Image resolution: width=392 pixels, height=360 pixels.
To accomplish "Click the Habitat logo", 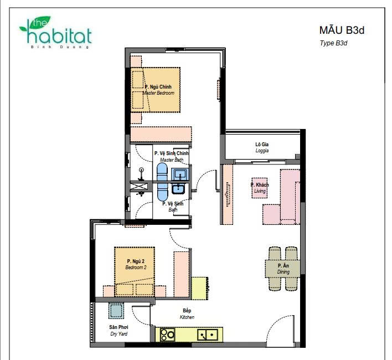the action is [x=55, y=33].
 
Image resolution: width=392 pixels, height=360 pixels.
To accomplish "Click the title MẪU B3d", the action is [x=342, y=30].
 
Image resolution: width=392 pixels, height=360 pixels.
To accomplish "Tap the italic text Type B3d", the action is [x=333, y=43].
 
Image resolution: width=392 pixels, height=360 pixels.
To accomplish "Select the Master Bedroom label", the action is [x=158, y=90].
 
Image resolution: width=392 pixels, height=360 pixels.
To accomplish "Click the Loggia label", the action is [x=262, y=147].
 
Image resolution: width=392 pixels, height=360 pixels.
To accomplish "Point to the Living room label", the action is [x=260, y=188].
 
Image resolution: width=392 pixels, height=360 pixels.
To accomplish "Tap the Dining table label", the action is [x=283, y=269].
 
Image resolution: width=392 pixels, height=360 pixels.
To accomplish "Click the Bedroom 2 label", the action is [x=136, y=264].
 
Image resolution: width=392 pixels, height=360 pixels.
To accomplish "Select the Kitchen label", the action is [x=187, y=313].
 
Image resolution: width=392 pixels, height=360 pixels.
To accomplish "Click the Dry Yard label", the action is [x=118, y=330].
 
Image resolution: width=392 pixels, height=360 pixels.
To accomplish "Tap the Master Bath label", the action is [x=171, y=156].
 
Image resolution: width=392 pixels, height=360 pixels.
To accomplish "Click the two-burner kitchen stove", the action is [x=167, y=335].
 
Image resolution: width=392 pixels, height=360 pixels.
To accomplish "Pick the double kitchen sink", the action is [x=208, y=335].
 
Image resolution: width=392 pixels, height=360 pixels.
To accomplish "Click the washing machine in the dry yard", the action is [x=116, y=311].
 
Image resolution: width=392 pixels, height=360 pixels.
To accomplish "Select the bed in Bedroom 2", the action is [x=135, y=272].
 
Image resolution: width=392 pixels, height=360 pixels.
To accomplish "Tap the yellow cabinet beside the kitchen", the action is [x=200, y=288].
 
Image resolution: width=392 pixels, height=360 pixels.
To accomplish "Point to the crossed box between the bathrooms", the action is [x=141, y=186].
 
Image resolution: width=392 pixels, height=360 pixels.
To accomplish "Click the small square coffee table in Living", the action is [x=260, y=188].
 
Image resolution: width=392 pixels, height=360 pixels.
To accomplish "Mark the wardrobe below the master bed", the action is [x=161, y=135].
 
